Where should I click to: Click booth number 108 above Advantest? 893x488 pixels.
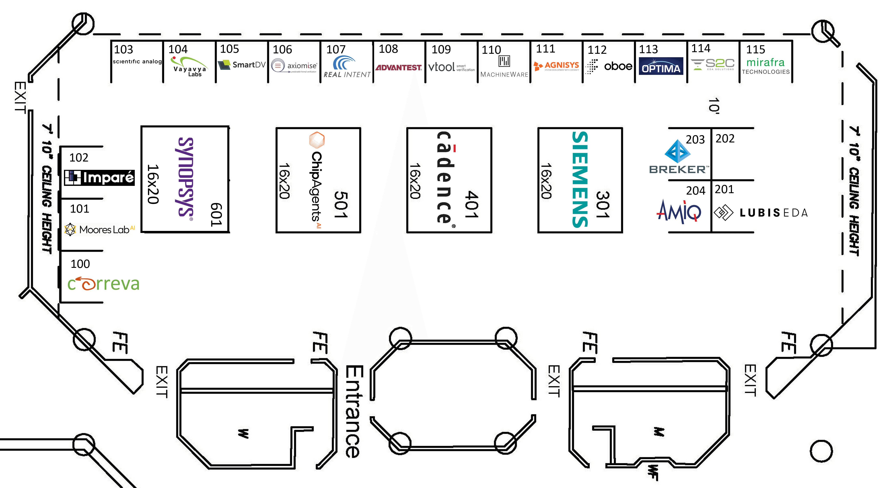388,49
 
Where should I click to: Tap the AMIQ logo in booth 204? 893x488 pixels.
679,211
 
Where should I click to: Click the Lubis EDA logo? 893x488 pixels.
761,212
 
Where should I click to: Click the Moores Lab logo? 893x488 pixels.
100,229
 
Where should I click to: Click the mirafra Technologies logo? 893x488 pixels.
765,66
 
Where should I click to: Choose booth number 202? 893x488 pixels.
725,139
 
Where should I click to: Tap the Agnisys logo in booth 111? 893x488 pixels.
556,66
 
